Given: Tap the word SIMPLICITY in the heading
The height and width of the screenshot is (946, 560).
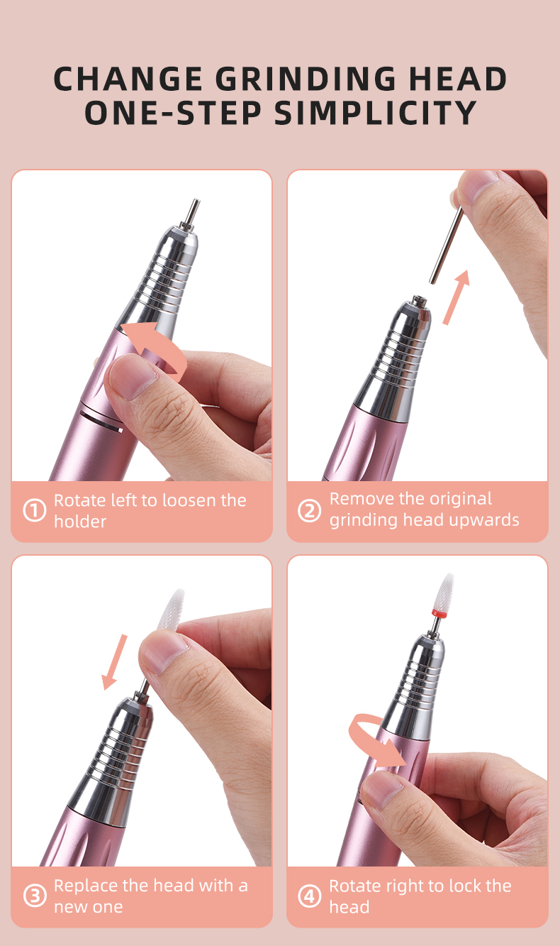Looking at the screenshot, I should [375, 114].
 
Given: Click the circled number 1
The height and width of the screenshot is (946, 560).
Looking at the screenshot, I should [35, 511].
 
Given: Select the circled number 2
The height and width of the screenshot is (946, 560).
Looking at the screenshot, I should [309, 510].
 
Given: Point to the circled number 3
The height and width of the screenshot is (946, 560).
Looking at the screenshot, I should [35, 896].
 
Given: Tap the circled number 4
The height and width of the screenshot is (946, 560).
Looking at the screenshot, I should [309, 896].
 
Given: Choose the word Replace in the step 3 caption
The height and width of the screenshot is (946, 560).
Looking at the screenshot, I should [84, 886].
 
